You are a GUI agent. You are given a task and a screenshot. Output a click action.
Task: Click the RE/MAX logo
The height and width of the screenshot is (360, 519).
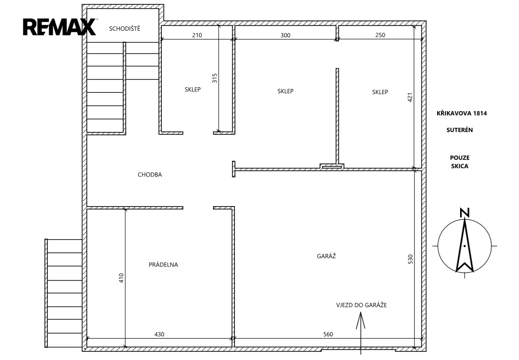59,27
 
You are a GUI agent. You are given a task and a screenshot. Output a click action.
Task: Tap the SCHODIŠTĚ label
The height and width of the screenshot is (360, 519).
125,28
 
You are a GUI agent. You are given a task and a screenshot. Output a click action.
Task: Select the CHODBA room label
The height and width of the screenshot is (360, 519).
150,175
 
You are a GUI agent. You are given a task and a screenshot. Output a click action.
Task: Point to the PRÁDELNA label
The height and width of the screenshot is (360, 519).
164,265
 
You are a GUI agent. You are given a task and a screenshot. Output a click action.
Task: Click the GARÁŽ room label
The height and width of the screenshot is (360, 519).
327,256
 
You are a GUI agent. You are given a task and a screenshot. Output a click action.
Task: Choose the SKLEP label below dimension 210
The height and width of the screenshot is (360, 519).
192,89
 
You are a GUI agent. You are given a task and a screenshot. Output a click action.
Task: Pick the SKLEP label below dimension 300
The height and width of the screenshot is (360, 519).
285,91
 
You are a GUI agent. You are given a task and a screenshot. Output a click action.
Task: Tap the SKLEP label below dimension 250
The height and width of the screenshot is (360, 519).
380,92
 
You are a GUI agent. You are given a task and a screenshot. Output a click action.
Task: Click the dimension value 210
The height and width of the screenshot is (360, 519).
197,35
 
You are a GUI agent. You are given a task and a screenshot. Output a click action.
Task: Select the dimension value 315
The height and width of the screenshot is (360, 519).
214,78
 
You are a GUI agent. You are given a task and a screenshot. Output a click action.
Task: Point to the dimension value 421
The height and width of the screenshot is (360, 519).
410,97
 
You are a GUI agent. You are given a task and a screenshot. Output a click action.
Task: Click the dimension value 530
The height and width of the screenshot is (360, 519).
410,259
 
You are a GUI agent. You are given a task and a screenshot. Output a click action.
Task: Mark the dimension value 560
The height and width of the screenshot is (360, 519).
328,334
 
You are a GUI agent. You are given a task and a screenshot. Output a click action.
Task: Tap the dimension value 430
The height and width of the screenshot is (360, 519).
159,334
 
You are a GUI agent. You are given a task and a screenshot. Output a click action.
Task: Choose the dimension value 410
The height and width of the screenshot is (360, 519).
121,278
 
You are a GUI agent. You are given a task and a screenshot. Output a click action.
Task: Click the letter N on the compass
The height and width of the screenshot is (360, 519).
465,213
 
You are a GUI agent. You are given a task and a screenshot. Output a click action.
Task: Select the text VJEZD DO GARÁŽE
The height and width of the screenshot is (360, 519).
362,305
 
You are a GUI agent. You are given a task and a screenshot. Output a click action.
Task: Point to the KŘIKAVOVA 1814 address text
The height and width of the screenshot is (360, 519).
461,113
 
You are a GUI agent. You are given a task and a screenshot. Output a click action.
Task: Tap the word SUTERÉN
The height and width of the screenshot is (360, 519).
460,130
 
